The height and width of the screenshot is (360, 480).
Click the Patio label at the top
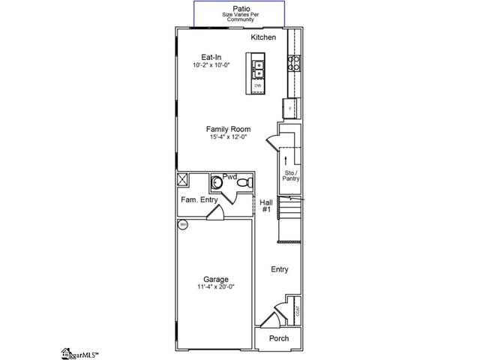[240, 7]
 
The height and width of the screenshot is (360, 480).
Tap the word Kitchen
[263, 37]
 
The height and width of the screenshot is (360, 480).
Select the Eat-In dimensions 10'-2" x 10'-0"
[210, 65]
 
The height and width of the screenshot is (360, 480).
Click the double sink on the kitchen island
[258, 68]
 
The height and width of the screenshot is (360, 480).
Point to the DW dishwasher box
[258, 86]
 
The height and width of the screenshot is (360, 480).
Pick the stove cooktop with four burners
[294, 61]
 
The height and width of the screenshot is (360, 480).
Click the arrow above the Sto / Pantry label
[286, 160]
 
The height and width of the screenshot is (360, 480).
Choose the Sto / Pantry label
[290, 177]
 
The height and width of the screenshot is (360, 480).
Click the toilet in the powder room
[217, 182]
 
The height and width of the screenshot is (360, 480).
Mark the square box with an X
[182, 179]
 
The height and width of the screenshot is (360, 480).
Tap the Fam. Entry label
[199, 199]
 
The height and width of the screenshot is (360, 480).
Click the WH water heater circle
[182, 224]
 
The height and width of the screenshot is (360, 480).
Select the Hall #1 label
[265, 206]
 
